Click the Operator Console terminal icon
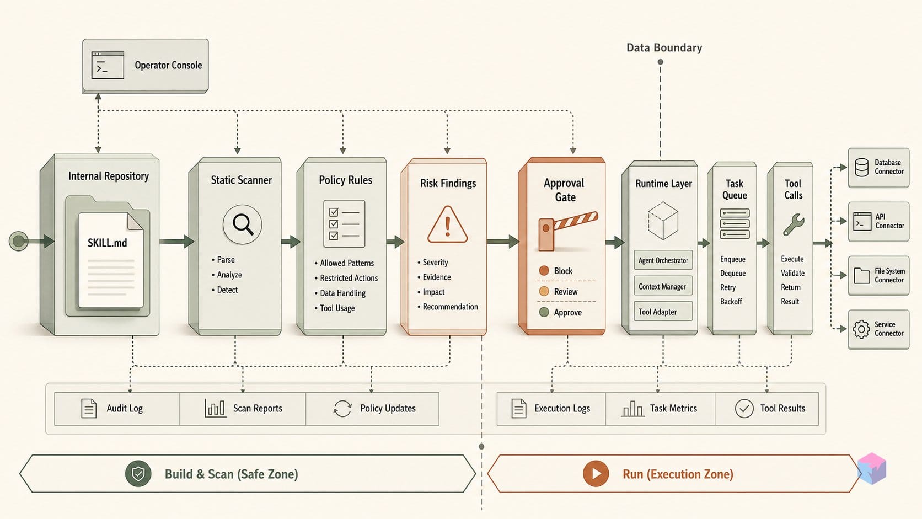[x=108, y=65]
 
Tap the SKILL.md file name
[x=108, y=243]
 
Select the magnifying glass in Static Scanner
[x=243, y=224]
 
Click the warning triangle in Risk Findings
[x=447, y=224]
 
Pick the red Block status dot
[x=544, y=270]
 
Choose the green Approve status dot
[x=544, y=312]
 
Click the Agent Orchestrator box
[x=663, y=260]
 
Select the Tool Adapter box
[x=663, y=312]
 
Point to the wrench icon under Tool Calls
[x=793, y=224]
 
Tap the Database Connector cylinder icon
[x=861, y=167]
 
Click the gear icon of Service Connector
[x=861, y=329]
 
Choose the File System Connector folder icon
[x=861, y=275]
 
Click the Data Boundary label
[x=664, y=48]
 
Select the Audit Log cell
[x=117, y=408]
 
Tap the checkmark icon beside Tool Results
[x=744, y=408]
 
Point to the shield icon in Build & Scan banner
[x=138, y=473]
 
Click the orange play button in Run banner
[x=596, y=473]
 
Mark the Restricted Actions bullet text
[x=349, y=278]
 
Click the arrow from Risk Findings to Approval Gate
[x=502, y=242]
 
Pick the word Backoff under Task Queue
[x=731, y=301]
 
